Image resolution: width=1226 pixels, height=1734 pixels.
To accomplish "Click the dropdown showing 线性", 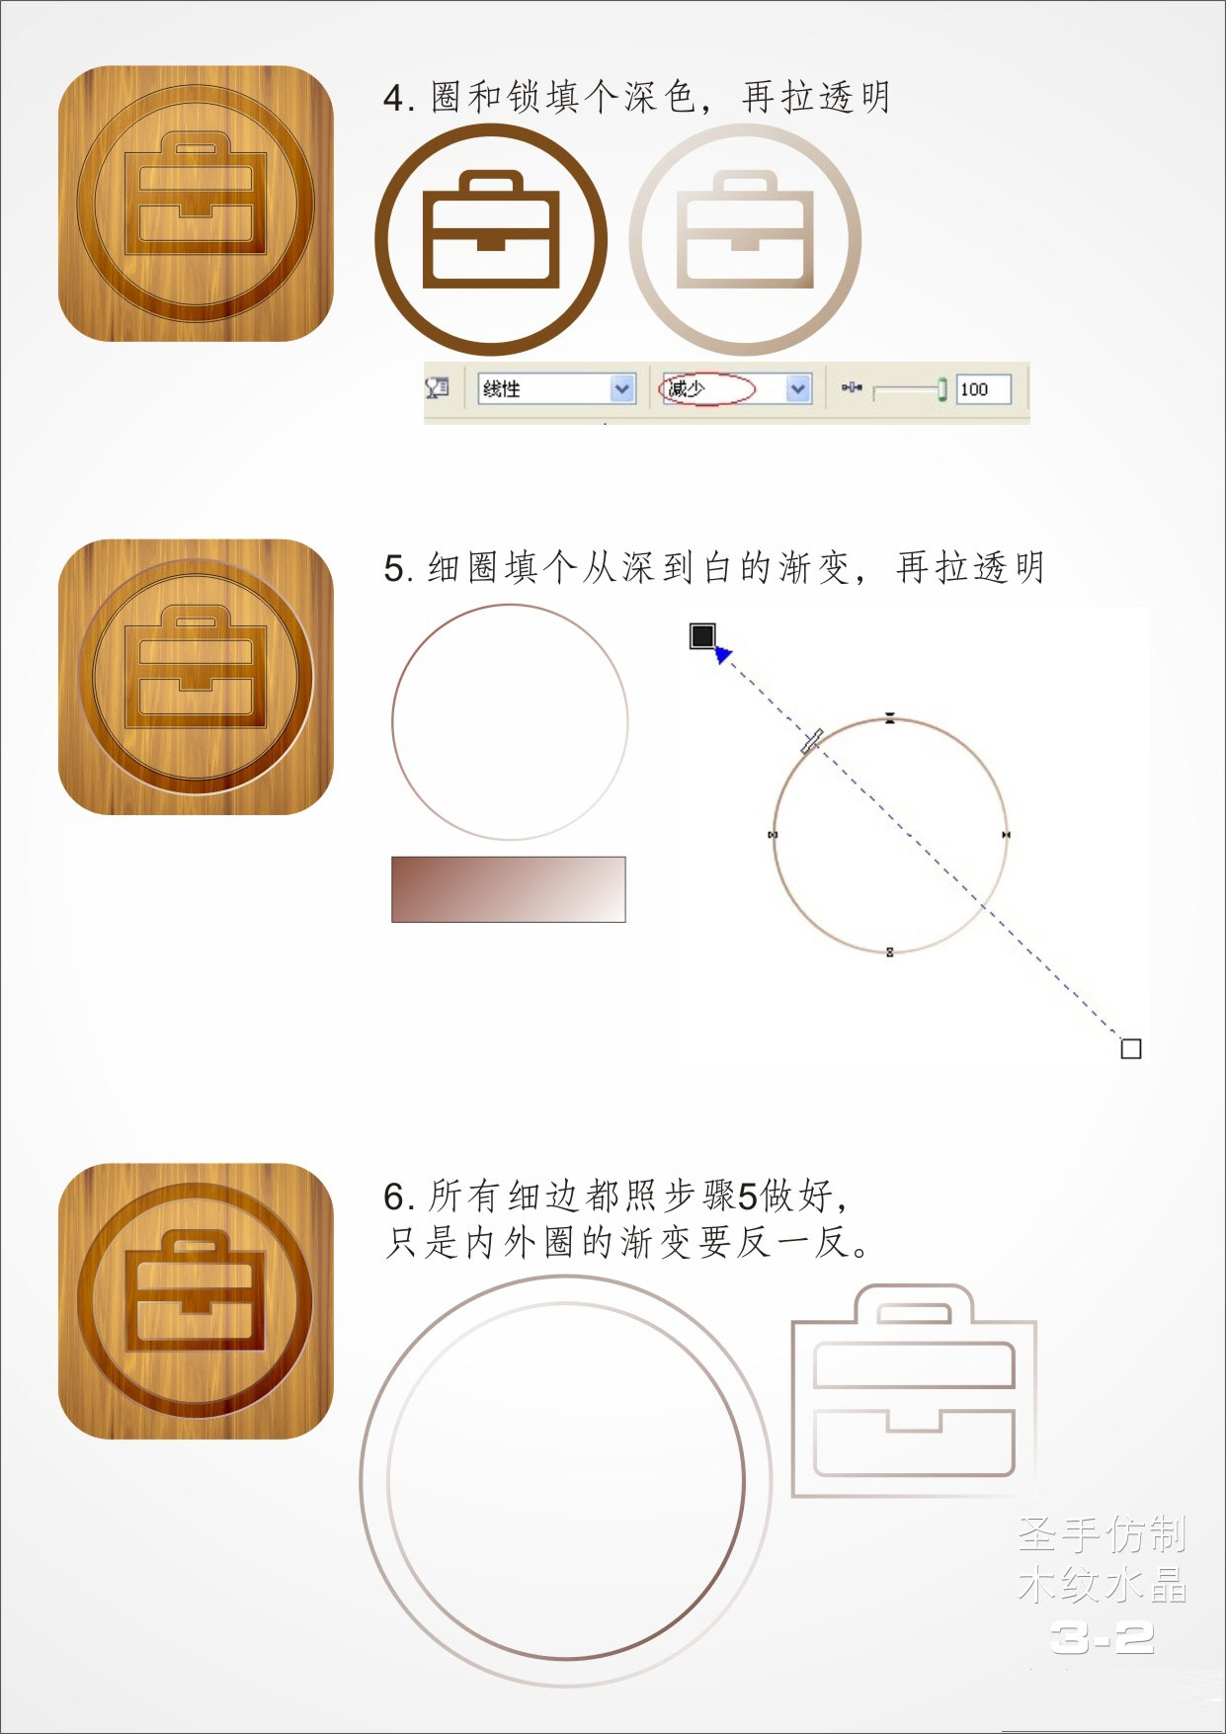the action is pyautogui.click(x=555, y=389).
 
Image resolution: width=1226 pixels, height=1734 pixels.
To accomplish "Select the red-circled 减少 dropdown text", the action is pyautogui.click(x=687, y=388).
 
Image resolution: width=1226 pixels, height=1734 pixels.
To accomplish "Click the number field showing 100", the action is pyautogui.click(x=984, y=389).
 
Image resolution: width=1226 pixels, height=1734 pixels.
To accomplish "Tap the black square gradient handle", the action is pyautogui.click(x=701, y=636).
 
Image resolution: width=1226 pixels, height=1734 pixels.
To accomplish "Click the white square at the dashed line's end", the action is pyautogui.click(x=1131, y=1048).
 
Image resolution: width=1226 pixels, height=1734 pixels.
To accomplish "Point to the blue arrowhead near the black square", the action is pyautogui.click(x=723, y=654).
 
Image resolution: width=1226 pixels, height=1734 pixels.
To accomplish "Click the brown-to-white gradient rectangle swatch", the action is pyautogui.click(x=509, y=889).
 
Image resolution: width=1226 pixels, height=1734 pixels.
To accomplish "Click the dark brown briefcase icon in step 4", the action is pyautogui.click(x=491, y=229).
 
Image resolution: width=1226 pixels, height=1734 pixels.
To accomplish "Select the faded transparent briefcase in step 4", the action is pyautogui.click(x=745, y=229).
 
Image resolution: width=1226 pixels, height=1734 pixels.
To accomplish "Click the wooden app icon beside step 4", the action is pyautogui.click(x=196, y=204).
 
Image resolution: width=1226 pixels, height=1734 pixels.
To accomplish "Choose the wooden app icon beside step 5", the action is pyautogui.click(x=196, y=677).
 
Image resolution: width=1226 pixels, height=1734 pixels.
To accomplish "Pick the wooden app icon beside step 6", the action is pyautogui.click(x=196, y=1301).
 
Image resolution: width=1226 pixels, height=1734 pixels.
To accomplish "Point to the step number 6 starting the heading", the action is pyautogui.click(x=395, y=1197).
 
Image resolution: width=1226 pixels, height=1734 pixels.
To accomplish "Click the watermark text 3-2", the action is pyautogui.click(x=1103, y=1639).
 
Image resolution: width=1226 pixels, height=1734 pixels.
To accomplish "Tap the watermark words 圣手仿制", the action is pyautogui.click(x=1102, y=1534).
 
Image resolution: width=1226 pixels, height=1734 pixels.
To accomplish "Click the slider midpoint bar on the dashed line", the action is pyautogui.click(x=812, y=741).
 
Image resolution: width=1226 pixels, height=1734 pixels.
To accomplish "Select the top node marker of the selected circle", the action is pyautogui.click(x=890, y=719).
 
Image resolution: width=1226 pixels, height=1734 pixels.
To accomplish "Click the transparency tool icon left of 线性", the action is pyautogui.click(x=438, y=388).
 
